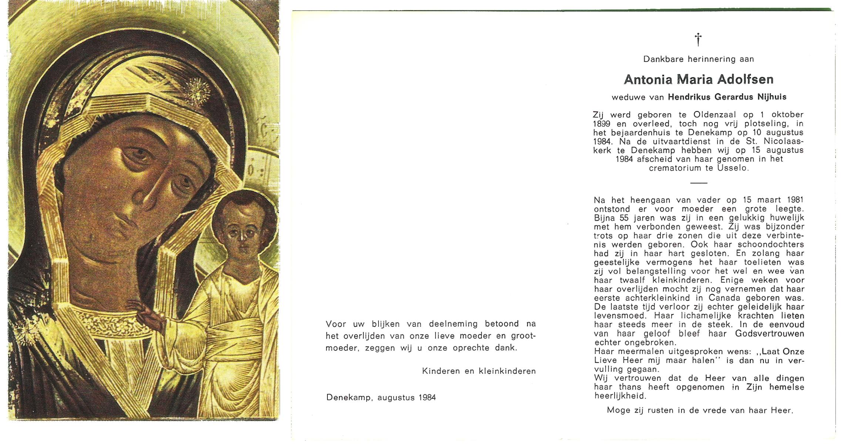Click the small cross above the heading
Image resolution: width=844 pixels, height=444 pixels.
pos(698,39)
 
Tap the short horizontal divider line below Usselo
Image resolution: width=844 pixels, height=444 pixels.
pos(698,183)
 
